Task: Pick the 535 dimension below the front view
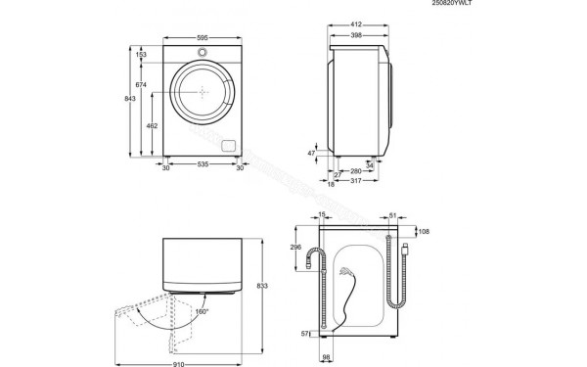pos(202,167)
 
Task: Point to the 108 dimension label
pos(424,232)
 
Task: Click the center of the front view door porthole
pos(203,92)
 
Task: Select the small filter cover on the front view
pos(230,146)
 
